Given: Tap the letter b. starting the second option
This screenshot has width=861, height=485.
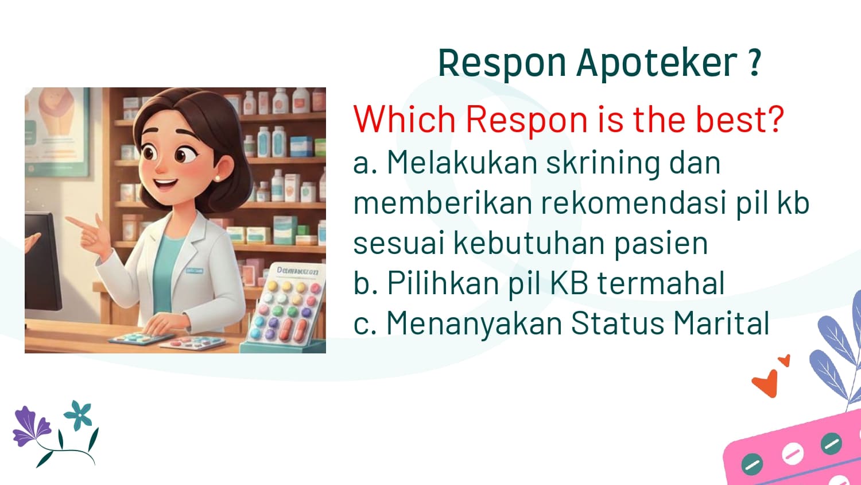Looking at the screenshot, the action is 364,283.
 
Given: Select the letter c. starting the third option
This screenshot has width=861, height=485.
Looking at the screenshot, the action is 364,324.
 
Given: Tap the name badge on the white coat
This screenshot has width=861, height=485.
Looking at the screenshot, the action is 195,271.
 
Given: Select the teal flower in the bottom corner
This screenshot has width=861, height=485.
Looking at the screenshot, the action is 79,415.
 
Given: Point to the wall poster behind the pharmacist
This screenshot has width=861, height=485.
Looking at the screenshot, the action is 57,132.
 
